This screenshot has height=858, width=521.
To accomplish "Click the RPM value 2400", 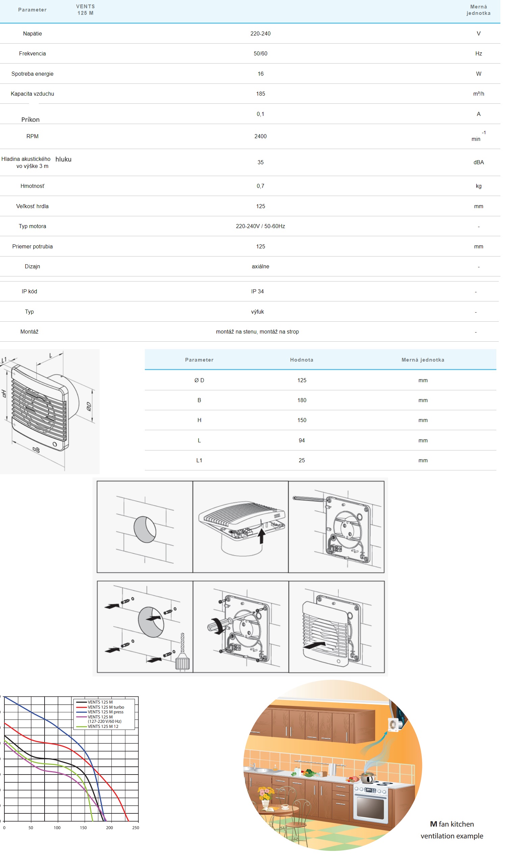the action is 260,137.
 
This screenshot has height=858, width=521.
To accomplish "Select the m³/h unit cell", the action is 478,94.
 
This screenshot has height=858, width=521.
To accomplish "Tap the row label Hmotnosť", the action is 32,186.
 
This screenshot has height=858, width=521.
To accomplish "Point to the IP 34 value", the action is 258,291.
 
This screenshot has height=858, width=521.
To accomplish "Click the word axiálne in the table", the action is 260,266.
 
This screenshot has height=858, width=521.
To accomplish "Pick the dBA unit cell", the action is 478,162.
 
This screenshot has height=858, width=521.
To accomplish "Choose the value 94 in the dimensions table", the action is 302,441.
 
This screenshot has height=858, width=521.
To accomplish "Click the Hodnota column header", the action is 302,360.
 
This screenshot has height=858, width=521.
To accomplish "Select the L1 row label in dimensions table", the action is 199,460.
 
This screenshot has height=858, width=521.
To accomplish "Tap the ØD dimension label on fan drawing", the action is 89,407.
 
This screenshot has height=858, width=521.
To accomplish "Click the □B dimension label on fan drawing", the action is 36,449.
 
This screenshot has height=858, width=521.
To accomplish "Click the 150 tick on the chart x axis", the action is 83,828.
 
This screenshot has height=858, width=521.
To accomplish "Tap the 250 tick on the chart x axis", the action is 136,828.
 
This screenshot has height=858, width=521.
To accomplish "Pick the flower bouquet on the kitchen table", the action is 266,794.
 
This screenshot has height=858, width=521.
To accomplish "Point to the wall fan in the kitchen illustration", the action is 394,725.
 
